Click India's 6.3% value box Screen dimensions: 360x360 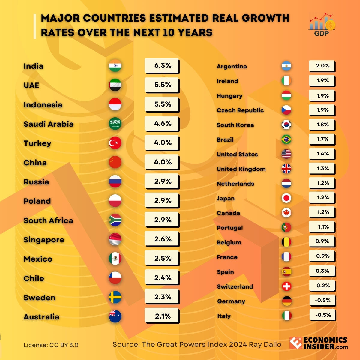tap(162, 66)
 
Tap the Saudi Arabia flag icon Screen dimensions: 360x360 tap(115, 124)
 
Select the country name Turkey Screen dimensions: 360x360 tap(37, 143)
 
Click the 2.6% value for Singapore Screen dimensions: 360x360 tap(162, 239)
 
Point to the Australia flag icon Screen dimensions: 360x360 tap(115, 316)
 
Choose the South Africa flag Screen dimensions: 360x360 tap(115, 220)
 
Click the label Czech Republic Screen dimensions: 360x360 tap(240, 110)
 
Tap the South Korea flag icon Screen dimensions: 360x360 tap(286, 125)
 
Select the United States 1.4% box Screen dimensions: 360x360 tap(322, 154)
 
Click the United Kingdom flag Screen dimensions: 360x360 tap(286, 169)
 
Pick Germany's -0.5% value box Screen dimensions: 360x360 tap(322, 300)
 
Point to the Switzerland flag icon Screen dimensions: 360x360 tap(287, 286)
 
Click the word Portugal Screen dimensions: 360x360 tap(230, 228)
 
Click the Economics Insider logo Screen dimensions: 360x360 tap(319, 343)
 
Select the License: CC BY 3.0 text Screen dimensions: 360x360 tap(51, 345)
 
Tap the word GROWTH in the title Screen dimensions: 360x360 tap(265, 18)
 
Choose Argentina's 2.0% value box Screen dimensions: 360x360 tap(322, 66)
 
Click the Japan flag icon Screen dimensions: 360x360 tap(286, 198)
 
